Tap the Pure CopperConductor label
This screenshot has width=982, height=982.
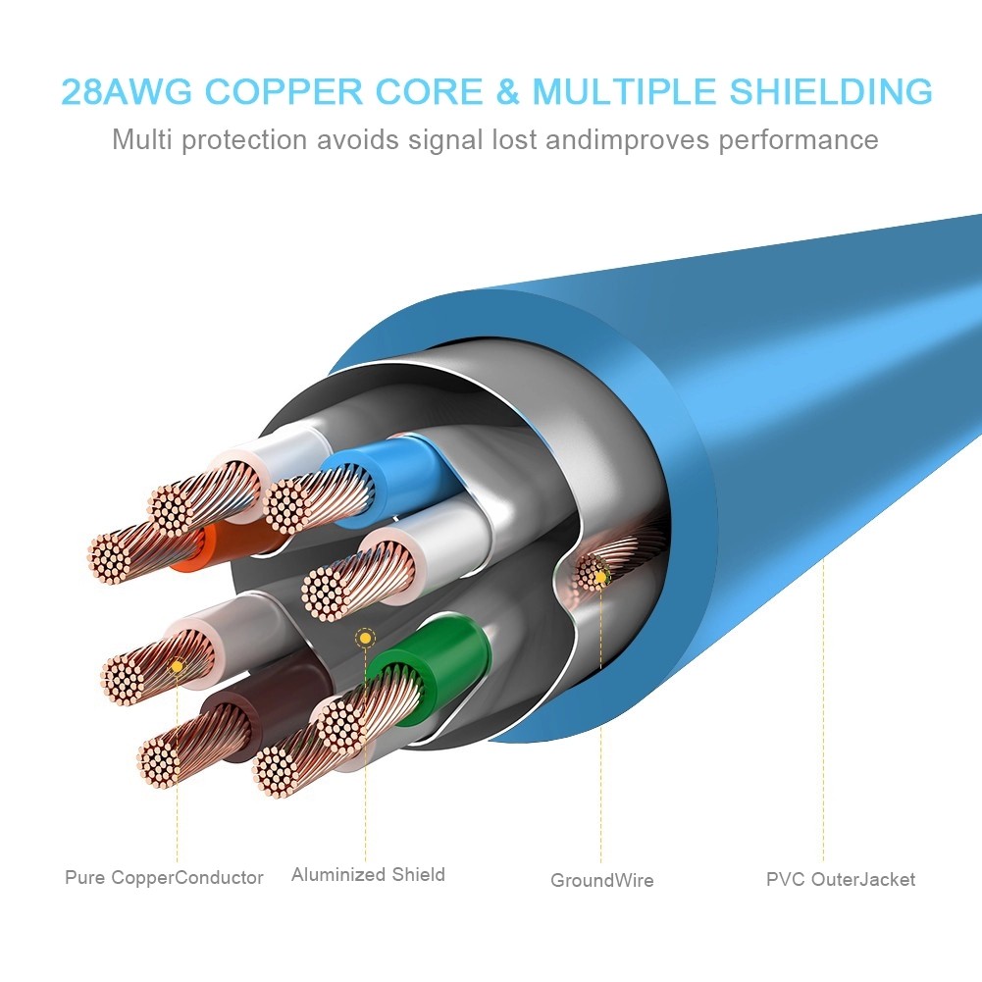164,877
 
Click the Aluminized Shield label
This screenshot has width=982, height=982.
368,874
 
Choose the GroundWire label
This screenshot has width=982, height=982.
601,880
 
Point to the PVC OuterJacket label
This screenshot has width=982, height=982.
841,879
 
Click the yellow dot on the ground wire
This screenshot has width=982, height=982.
600,577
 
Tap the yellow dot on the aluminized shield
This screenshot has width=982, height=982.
365,639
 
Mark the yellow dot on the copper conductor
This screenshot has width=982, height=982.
177,666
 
